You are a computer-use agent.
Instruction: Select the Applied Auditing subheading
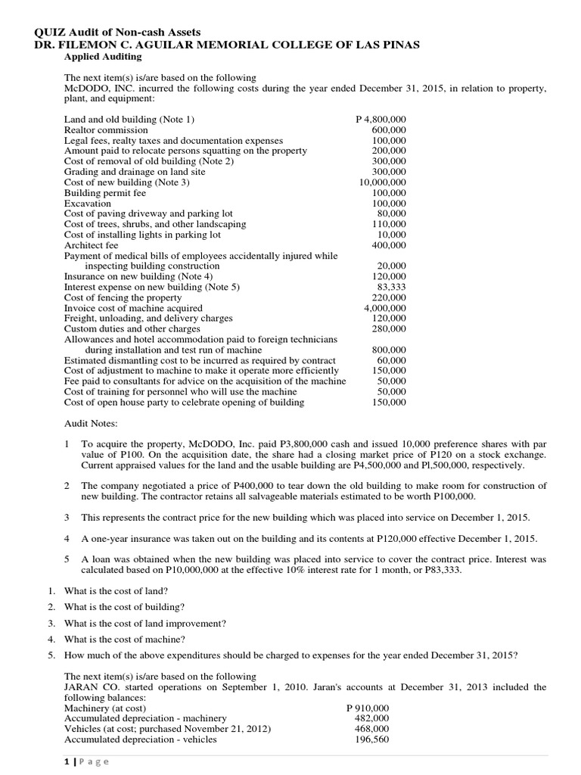pyautogui.click(x=102, y=57)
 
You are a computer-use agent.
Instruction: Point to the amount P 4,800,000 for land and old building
pyautogui.click(x=381, y=119)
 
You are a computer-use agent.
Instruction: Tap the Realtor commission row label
pyautogui.click(x=106, y=130)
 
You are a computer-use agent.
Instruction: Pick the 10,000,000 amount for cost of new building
pyautogui.click(x=382, y=182)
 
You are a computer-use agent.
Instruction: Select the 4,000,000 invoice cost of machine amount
pyautogui.click(x=385, y=308)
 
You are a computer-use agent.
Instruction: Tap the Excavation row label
pyautogui.click(x=87, y=204)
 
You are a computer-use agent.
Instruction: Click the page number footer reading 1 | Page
pyautogui.click(x=86, y=761)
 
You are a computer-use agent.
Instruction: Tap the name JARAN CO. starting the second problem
pyautogui.click(x=87, y=687)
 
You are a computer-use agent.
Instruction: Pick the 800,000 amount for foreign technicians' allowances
pyautogui.click(x=391, y=350)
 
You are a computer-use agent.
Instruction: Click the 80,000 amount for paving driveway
pyautogui.click(x=391, y=213)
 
